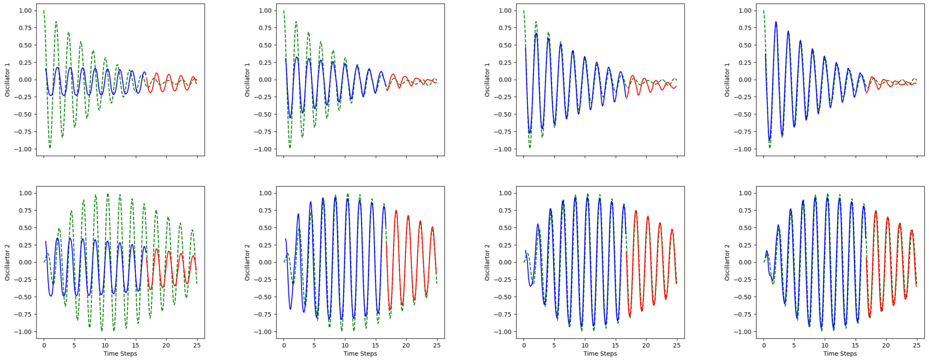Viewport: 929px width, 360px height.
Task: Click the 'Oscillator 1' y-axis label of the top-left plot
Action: pos(7,80)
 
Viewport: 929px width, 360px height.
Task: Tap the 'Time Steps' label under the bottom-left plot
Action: pos(120,354)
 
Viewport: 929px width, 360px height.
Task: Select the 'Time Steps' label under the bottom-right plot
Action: pos(840,354)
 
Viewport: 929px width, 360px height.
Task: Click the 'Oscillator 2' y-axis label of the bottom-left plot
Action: pos(7,262)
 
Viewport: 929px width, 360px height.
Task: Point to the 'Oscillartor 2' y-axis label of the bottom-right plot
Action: pos(727,262)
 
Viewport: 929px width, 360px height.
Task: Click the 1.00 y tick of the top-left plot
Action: pos(25,10)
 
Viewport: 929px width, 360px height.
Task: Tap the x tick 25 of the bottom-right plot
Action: pos(916,345)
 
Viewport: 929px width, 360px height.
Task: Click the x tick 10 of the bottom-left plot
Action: pos(105,345)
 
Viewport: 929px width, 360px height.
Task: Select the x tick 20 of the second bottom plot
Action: pos(406,345)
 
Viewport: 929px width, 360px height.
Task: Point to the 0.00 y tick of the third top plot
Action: pos(505,80)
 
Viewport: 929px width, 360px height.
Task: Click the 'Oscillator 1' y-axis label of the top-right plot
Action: pos(727,80)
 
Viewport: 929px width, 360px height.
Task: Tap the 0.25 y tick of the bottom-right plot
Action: pos(745,245)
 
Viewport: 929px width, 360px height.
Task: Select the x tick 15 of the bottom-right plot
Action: pos(856,345)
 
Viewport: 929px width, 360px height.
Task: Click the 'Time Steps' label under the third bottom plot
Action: pos(600,354)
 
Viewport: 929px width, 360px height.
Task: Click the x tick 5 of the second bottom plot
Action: pos(314,345)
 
